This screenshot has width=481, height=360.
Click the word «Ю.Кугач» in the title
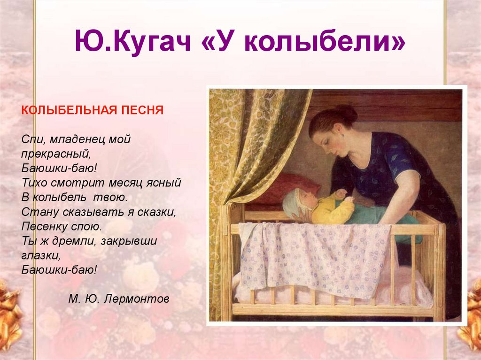(133, 41)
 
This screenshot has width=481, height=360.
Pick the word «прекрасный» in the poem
(55, 153)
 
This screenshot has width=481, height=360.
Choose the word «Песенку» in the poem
(45, 227)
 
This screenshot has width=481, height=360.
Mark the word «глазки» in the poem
(41, 256)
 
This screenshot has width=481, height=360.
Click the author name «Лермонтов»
(136, 299)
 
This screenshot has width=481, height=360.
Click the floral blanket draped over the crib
(313, 258)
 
